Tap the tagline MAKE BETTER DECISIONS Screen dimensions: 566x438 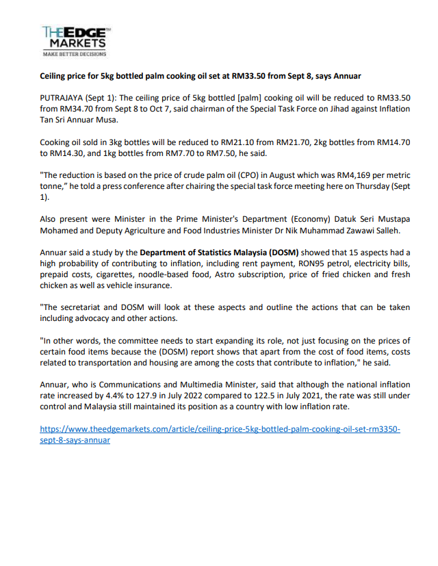pos(75,53)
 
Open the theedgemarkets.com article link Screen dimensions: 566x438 pos(220,429)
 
